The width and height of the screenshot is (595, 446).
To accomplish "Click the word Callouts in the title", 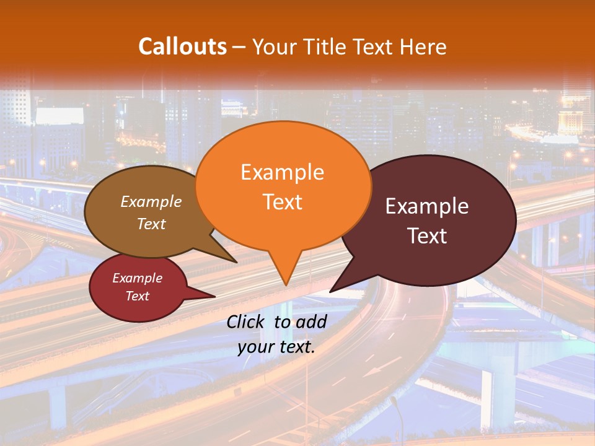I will (x=182, y=46).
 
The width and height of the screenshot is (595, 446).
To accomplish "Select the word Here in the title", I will (x=423, y=46).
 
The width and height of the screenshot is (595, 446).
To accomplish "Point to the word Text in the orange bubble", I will (x=282, y=201).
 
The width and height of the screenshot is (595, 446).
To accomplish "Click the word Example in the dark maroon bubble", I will (x=427, y=206).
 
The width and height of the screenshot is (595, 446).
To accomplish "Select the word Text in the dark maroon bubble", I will (x=427, y=235).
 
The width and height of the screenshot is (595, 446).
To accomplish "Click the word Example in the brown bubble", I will (x=151, y=201).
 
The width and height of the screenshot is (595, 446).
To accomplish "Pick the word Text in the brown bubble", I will (x=151, y=224).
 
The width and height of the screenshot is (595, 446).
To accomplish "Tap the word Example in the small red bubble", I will (x=137, y=278).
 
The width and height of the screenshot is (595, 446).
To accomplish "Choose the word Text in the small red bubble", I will (x=137, y=296).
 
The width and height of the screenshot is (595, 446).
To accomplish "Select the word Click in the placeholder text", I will (x=247, y=321).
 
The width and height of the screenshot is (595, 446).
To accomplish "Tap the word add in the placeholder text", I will (x=311, y=321).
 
